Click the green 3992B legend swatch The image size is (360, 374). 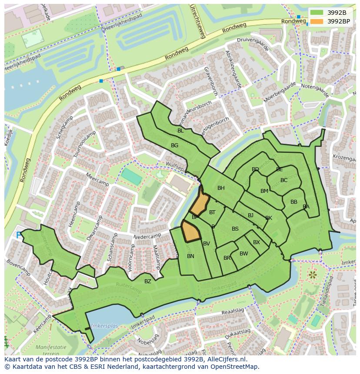(317, 13)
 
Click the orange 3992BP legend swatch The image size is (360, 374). (317, 21)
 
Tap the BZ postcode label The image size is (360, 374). (148, 281)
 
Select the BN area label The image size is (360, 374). (190, 256)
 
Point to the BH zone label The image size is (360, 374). (221, 188)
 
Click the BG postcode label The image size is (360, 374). (174, 146)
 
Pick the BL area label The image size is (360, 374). (180, 130)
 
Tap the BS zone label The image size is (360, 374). (235, 229)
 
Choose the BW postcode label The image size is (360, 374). (243, 254)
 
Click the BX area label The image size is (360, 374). (257, 242)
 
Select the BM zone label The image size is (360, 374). (264, 191)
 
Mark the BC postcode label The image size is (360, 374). (284, 180)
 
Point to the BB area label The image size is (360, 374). (294, 202)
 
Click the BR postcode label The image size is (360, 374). (227, 258)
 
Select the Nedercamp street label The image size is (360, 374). (148, 237)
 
